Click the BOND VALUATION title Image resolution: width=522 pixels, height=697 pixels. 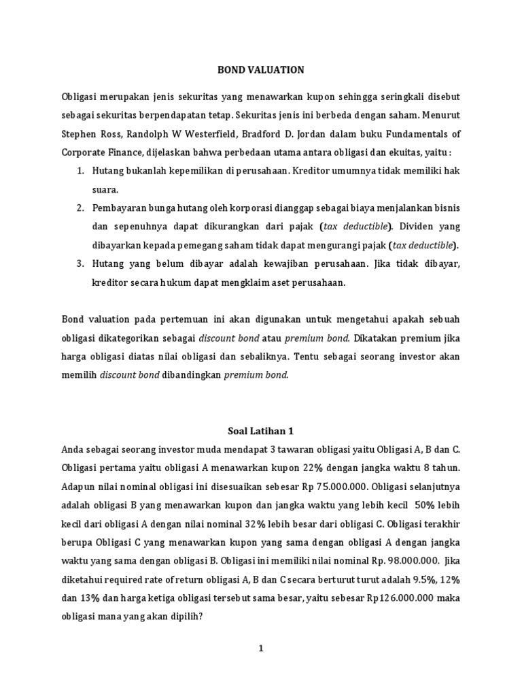[x=260, y=69]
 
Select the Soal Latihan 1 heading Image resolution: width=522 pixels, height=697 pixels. [x=260, y=431]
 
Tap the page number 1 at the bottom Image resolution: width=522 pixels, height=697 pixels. [x=260, y=649]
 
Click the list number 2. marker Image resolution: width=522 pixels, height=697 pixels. [x=80, y=207]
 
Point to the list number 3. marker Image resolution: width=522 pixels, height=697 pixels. [x=80, y=263]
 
